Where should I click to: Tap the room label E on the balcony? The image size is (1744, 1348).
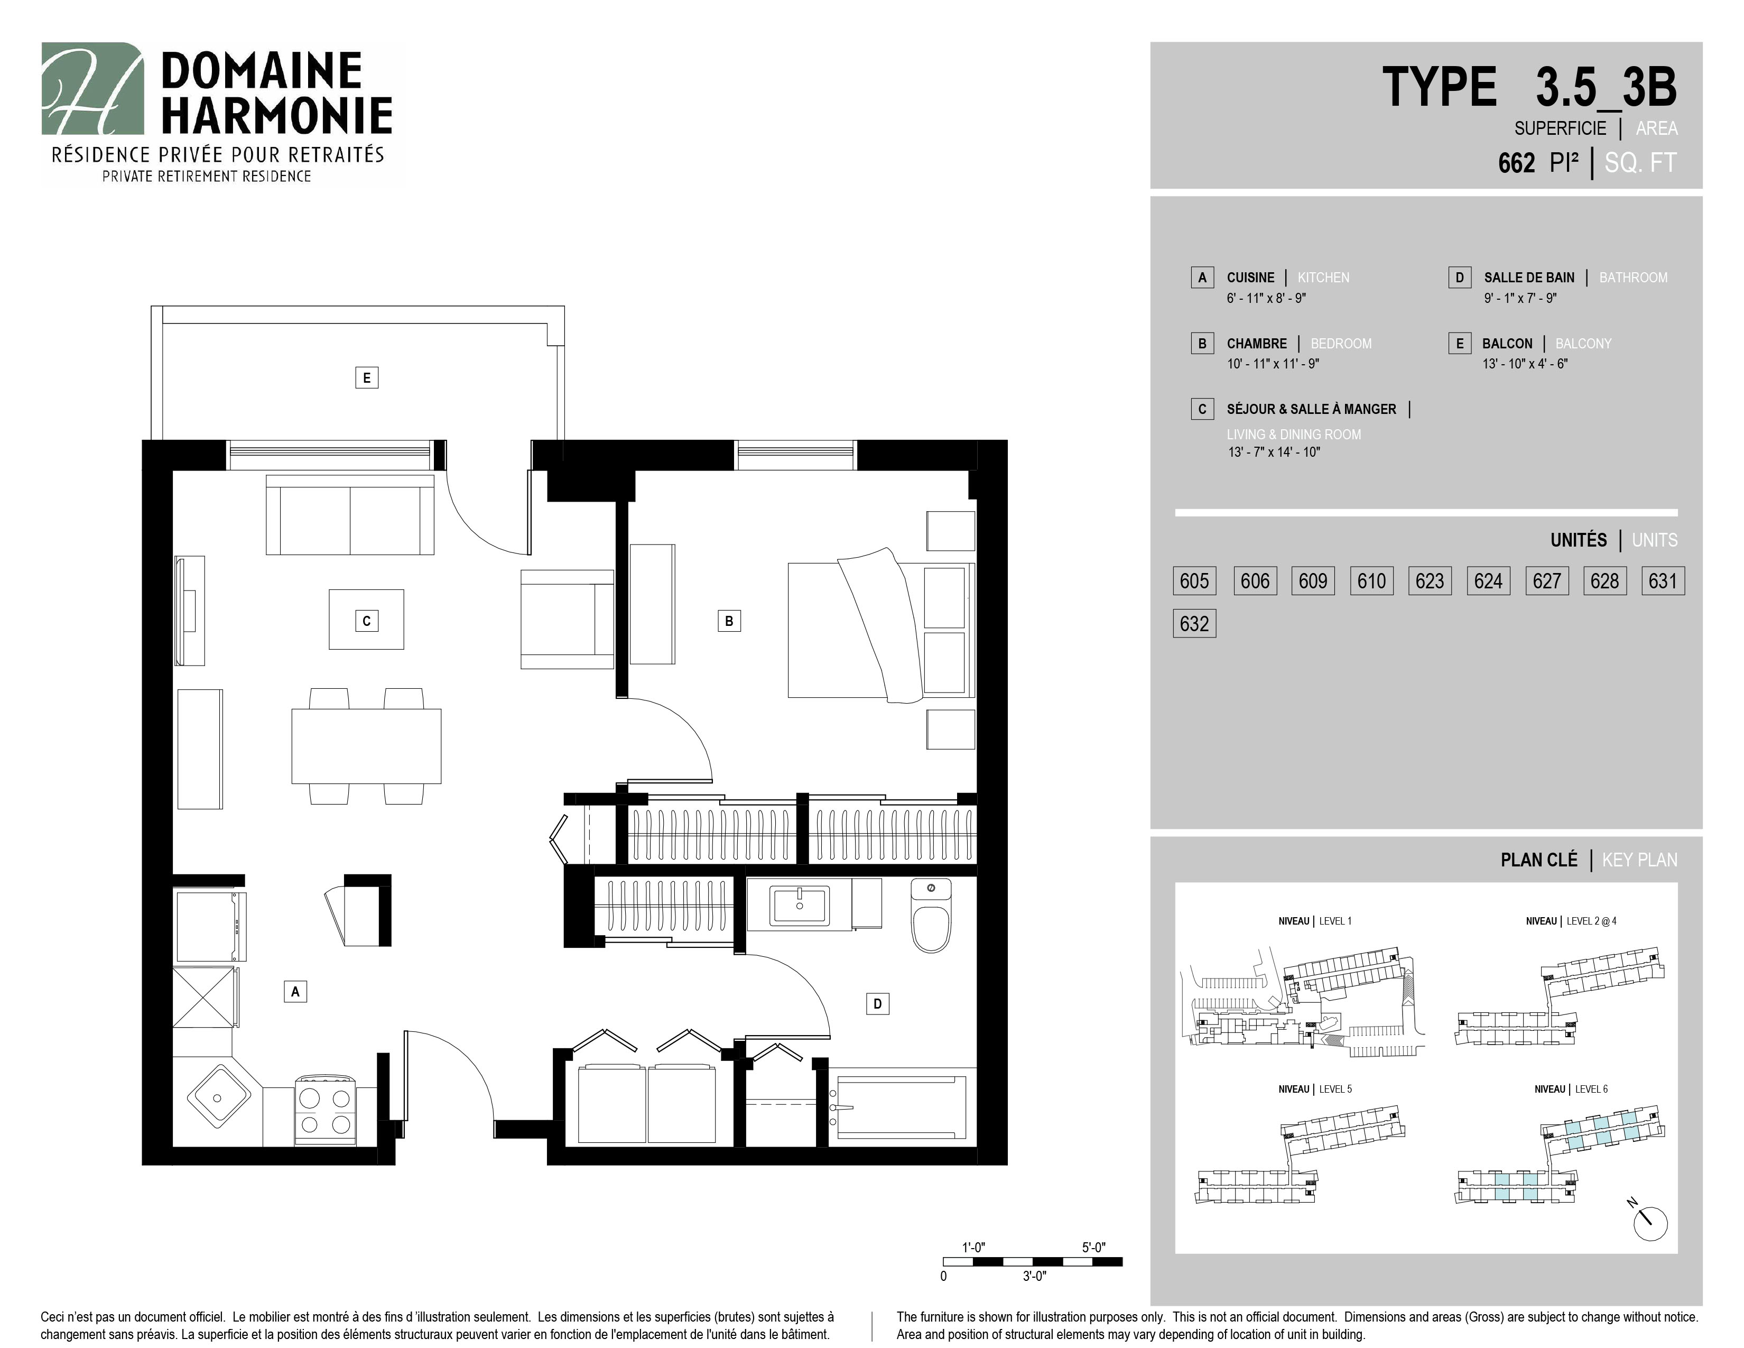point(367,378)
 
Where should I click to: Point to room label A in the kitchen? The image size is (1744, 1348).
point(295,992)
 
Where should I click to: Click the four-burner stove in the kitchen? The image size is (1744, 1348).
point(326,1111)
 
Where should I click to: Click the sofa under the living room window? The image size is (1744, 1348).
point(350,515)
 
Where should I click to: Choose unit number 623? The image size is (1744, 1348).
point(1430,581)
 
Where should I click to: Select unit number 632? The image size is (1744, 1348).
point(1194,624)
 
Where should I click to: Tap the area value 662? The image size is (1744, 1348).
point(1516,163)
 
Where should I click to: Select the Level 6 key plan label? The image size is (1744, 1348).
point(1571,1090)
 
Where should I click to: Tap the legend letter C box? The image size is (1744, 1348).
point(1202,409)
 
